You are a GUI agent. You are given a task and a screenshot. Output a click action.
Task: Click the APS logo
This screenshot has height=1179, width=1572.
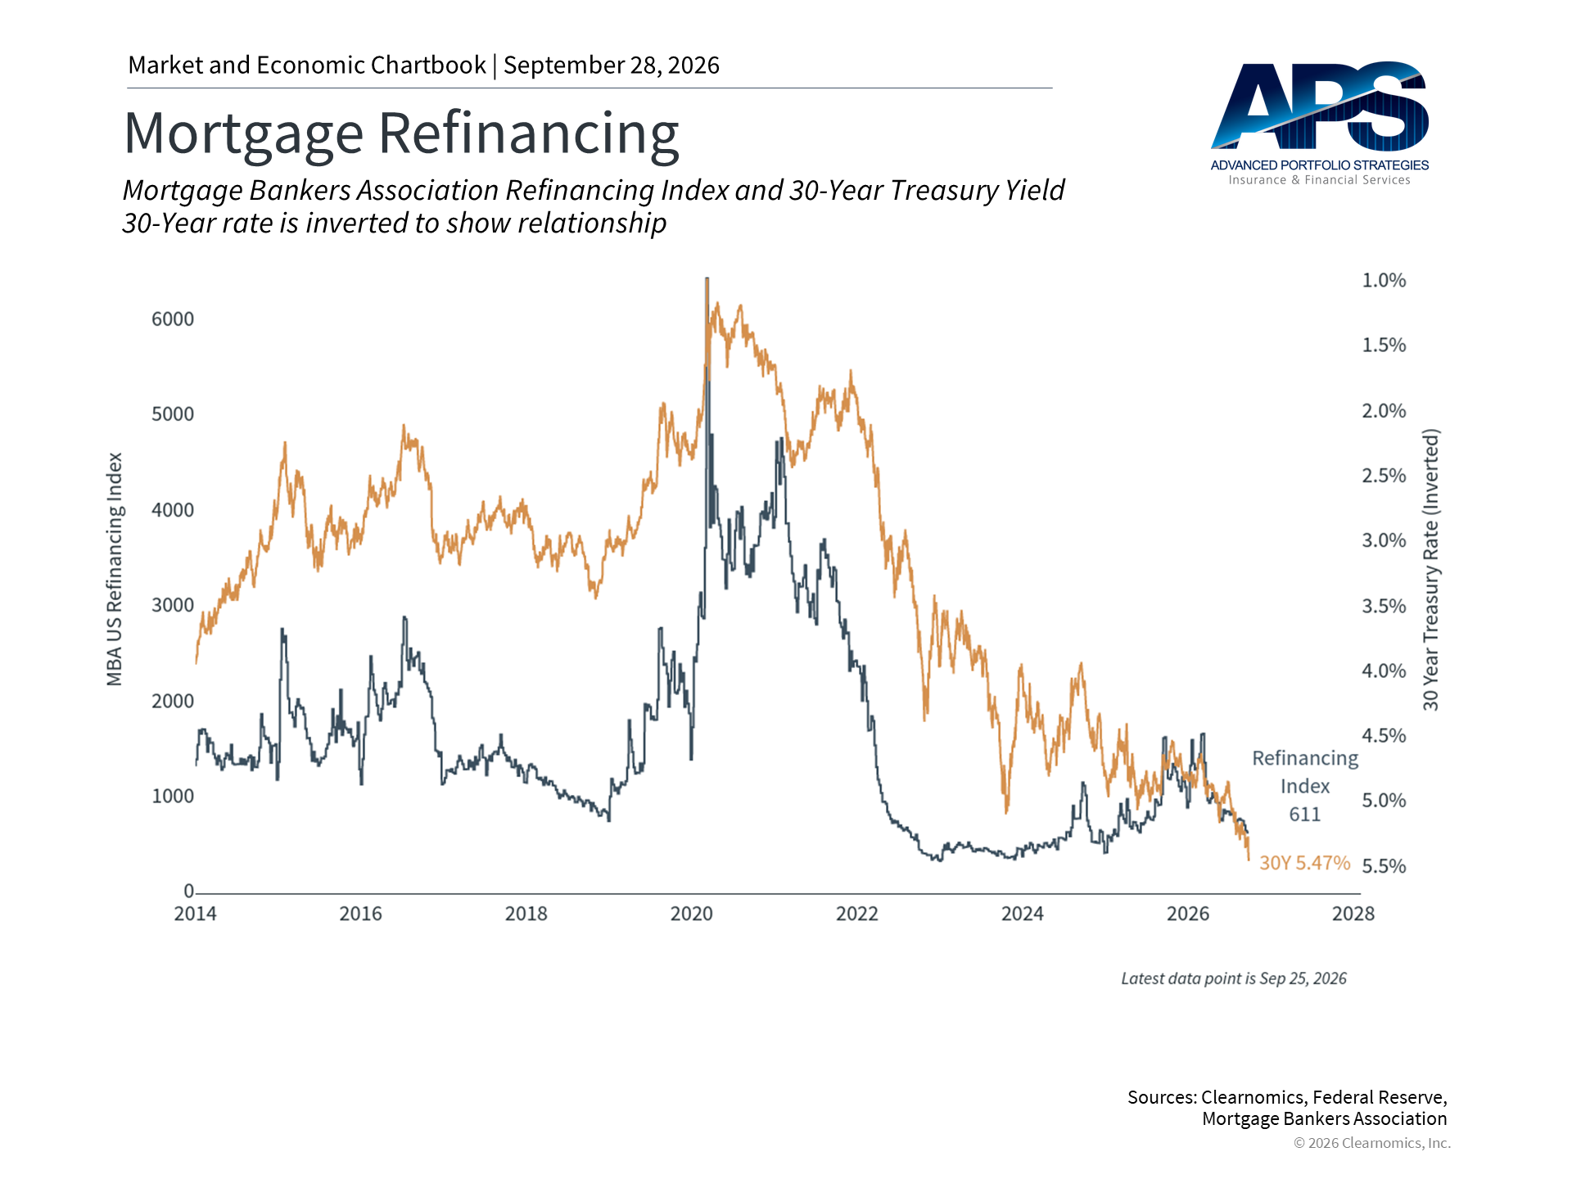tap(1319, 123)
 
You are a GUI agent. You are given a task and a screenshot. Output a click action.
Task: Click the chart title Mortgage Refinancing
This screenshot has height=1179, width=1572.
tap(401, 133)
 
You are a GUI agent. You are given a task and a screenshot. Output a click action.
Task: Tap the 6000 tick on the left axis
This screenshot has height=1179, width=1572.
tap(173, 319)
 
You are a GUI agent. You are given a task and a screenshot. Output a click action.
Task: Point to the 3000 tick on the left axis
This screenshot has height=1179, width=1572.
tap(173, 605)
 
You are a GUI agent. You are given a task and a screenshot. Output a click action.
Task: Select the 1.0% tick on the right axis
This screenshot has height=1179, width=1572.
tap(1384, 280)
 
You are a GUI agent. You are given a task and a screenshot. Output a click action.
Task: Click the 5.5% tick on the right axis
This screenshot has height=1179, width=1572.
tap(1384, 866)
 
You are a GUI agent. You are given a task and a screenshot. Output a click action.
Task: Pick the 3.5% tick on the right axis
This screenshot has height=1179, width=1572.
tap(1384, 606)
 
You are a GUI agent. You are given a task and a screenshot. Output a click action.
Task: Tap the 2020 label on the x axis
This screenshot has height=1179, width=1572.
tap(692, 914)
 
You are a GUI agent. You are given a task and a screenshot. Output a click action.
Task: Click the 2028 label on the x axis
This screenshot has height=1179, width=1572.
tap(1353, 914)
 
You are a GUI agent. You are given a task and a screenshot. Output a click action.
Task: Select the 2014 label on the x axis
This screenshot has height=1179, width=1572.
tap(195, 914)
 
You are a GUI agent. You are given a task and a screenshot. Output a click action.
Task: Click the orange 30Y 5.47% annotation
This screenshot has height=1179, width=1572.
tap(1304, 863)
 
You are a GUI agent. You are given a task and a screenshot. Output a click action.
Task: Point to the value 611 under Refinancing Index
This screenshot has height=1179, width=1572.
tap(1305, 814)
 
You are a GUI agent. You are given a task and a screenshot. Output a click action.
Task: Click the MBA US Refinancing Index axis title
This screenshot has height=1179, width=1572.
tap(115, 569)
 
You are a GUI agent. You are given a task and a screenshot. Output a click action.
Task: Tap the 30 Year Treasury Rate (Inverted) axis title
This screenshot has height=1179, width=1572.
tap(1430, 569)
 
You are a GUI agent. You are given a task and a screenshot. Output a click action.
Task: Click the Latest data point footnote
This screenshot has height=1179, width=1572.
tap(1234, 978)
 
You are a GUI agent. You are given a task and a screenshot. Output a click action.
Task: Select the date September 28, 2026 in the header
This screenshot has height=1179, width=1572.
tap(612, 65)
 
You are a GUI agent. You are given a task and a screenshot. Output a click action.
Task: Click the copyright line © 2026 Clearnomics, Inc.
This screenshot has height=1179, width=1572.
tap(1372, 1143)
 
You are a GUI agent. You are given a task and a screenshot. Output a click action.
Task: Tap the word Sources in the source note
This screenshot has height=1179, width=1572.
tap(1163, 1097)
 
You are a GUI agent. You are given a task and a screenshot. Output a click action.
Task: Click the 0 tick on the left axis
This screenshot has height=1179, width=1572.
tap(188, 891)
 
